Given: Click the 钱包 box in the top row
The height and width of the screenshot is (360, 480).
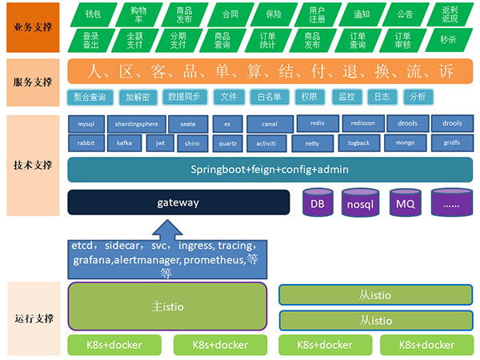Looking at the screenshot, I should click(x=93, y=14).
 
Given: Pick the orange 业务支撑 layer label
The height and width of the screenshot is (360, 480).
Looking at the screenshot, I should click(x=34, y=27).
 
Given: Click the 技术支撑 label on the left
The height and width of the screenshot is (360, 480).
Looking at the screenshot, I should click(x=34, y=166).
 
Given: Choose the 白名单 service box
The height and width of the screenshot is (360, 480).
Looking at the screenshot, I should click(x=266, y=97).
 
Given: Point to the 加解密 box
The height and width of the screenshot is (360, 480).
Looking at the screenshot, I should click(x=138, y=97).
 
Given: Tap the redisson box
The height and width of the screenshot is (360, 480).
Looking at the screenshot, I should click(x=363, y=123).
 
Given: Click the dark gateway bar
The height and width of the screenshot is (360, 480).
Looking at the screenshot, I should click(x=178, y=202).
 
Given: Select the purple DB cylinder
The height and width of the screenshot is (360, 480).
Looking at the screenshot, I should click(x=318, y=203).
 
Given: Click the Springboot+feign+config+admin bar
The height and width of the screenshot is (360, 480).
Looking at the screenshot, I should click(x=269, y=170).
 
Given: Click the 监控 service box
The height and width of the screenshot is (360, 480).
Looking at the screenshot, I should click(x=346, y=97).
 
